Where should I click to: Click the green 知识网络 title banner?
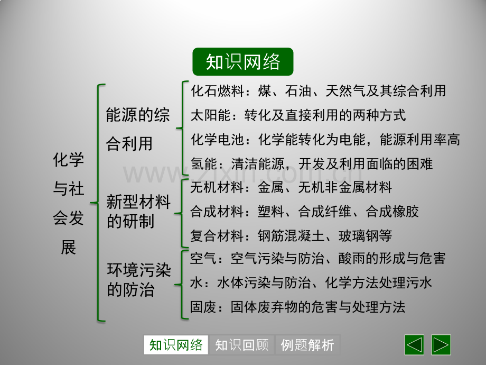click(x=242, y=61)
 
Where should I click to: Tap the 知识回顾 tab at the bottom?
click(x=242, y=345)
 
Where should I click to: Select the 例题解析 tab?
click(x=307, y=345)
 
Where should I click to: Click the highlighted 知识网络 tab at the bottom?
click(x=176, y=345)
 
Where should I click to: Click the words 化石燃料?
click(x=217, y=91)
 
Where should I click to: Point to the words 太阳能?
click(x=211, y=115)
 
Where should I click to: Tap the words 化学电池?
click(x=217, y=139)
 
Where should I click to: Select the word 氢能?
click(x=204, y=163)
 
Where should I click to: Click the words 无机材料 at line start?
click(x=217, y=187)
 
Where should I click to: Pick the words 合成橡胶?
click(x=392, y=212)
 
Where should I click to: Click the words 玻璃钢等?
click(x=365, y=235)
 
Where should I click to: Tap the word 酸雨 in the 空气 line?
click(x=352, y=259)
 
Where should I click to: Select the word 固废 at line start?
click(x=203, y=307)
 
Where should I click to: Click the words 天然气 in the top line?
click(x=345, y=91)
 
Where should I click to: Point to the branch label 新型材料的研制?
click(x=138, y=212)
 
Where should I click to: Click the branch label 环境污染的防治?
click(x=138, y=280)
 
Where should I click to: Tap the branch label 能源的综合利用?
click(x=138, y=129)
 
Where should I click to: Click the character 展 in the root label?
click(x=69, y=248)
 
